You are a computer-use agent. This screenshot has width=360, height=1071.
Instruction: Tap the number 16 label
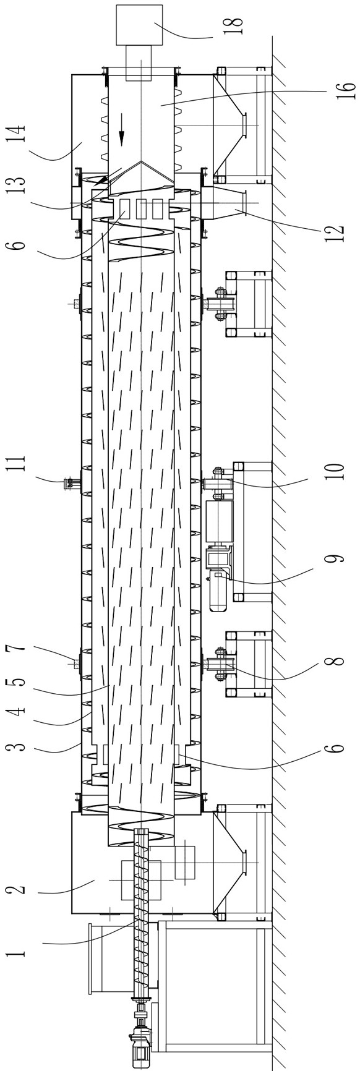click(x=347, y=87)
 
